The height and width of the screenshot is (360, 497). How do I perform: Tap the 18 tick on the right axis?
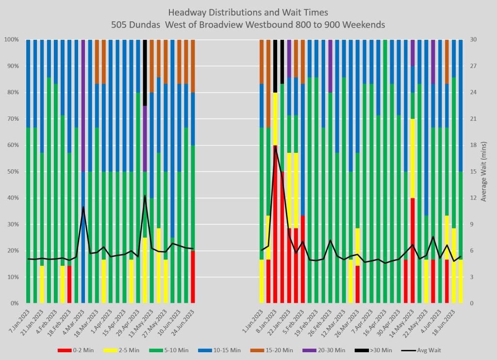pyautogui.click(x=471, y=145)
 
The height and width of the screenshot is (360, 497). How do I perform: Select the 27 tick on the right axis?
pyautogui.click(x=471, y=66)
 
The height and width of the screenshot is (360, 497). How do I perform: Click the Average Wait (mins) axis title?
pyautogui.click(x=484, y=171)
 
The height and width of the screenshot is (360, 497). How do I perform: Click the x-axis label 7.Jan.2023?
pyautogui.click(x=21, y=320)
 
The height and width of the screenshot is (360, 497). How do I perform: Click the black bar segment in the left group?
pyautogui.click(x=145, y=72)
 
